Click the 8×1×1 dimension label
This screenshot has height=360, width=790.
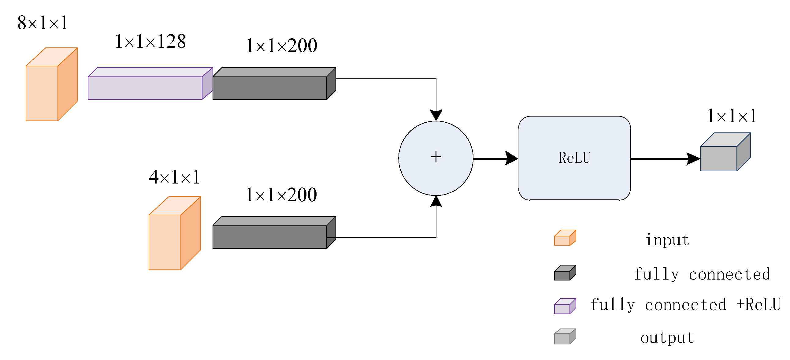[43, 23]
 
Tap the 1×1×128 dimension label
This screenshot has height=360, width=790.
[150, 41]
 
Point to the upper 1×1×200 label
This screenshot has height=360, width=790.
[281, 46]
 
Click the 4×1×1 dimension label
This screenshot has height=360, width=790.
[174, 177]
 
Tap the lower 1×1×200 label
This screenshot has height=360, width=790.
[281, 195]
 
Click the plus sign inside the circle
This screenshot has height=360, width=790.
[436, 157]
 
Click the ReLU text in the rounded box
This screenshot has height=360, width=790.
[574, 158]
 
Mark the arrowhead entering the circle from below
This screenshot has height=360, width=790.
[436, 202]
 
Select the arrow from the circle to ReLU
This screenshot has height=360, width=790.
[495, 158]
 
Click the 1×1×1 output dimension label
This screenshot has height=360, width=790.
[732, 116]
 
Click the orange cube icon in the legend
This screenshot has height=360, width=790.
[565, 238]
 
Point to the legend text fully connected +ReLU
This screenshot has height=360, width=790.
[685, 305]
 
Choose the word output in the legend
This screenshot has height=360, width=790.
[667, 338]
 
